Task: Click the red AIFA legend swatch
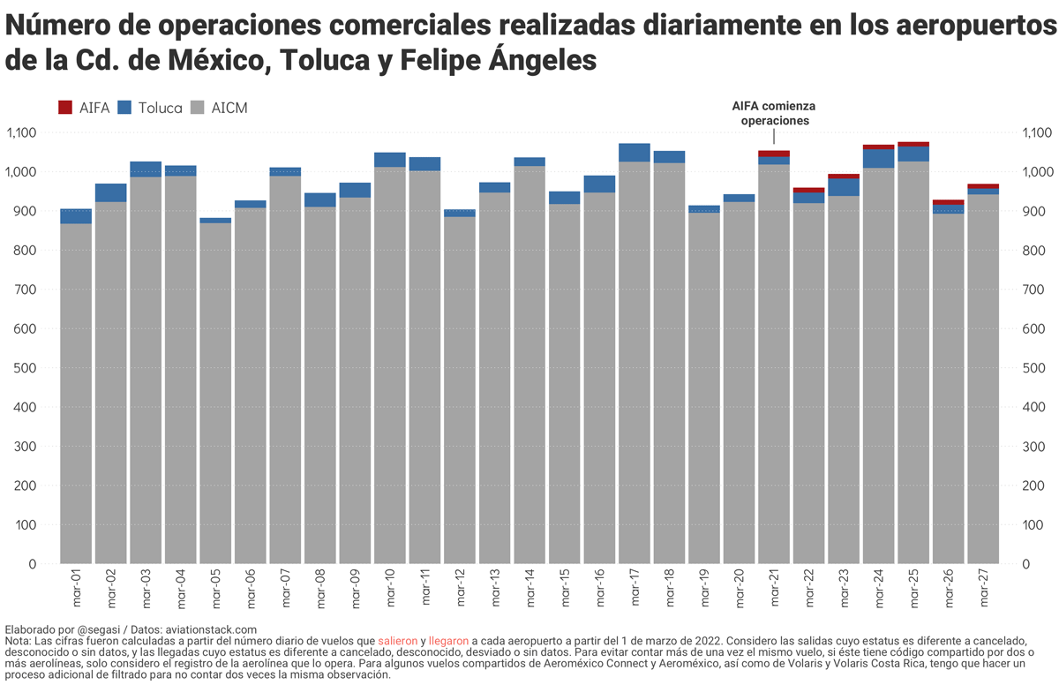click(x=65, y=108)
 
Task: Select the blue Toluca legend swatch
click(x=124, y=108)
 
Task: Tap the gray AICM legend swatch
click(x=199, y=108)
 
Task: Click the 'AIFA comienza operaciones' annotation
click(x=774, y=113)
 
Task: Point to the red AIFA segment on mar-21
click(x=774, y=154)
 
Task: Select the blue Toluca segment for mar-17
click(x=635, y=152)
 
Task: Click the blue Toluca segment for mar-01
click(x=76, y=216)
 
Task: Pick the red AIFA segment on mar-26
click(x=949, y=202)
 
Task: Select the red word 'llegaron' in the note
click(x=448, y=640)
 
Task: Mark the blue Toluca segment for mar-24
click(x=878, y=158)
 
